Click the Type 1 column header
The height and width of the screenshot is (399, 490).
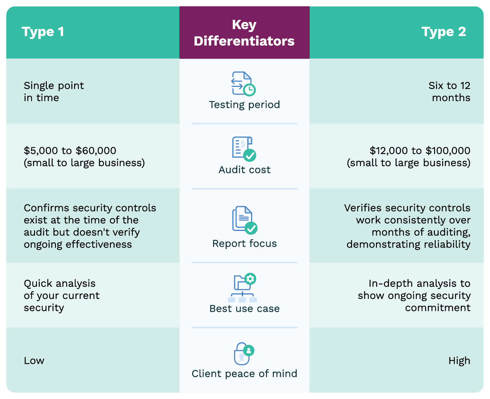pyautogui.click(x=43, y=32)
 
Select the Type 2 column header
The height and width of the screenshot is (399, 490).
pyautogui.click(x=444, y=32)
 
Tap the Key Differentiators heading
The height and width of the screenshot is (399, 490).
pyautogui.click(x=244, y=33)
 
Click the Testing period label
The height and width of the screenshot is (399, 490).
pyautogui.click(x=244, y=104)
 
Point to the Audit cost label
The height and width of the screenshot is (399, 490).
pyautogui.click(x=244, y=170)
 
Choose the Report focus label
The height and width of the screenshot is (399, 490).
pyautogui.click(x=244, y=243)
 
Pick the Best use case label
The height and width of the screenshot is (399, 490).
pyautogui.click(x=244, y=308)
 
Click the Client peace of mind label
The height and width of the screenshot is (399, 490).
pyautogui.click(x=244, y=374)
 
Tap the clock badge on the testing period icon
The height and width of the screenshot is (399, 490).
pyautogui.click(x=249, y=90)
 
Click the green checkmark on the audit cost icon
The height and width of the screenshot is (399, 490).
pyautogui.click(x=250, y=155)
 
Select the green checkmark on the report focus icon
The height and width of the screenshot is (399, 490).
pyautogui.click(x=251, y=228)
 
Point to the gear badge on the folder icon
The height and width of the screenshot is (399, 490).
pyautogui.click(x=250, y=279)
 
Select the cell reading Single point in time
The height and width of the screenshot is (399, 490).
pyautogui.click(x=54, y=92)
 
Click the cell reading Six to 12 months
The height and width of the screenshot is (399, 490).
pyautogui.click(x=449, y=92)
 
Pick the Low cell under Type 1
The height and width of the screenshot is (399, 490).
pyautogui.click(x=34, y=361)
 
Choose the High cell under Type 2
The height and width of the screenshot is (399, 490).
pyautogui.click(x=459, y=361)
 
